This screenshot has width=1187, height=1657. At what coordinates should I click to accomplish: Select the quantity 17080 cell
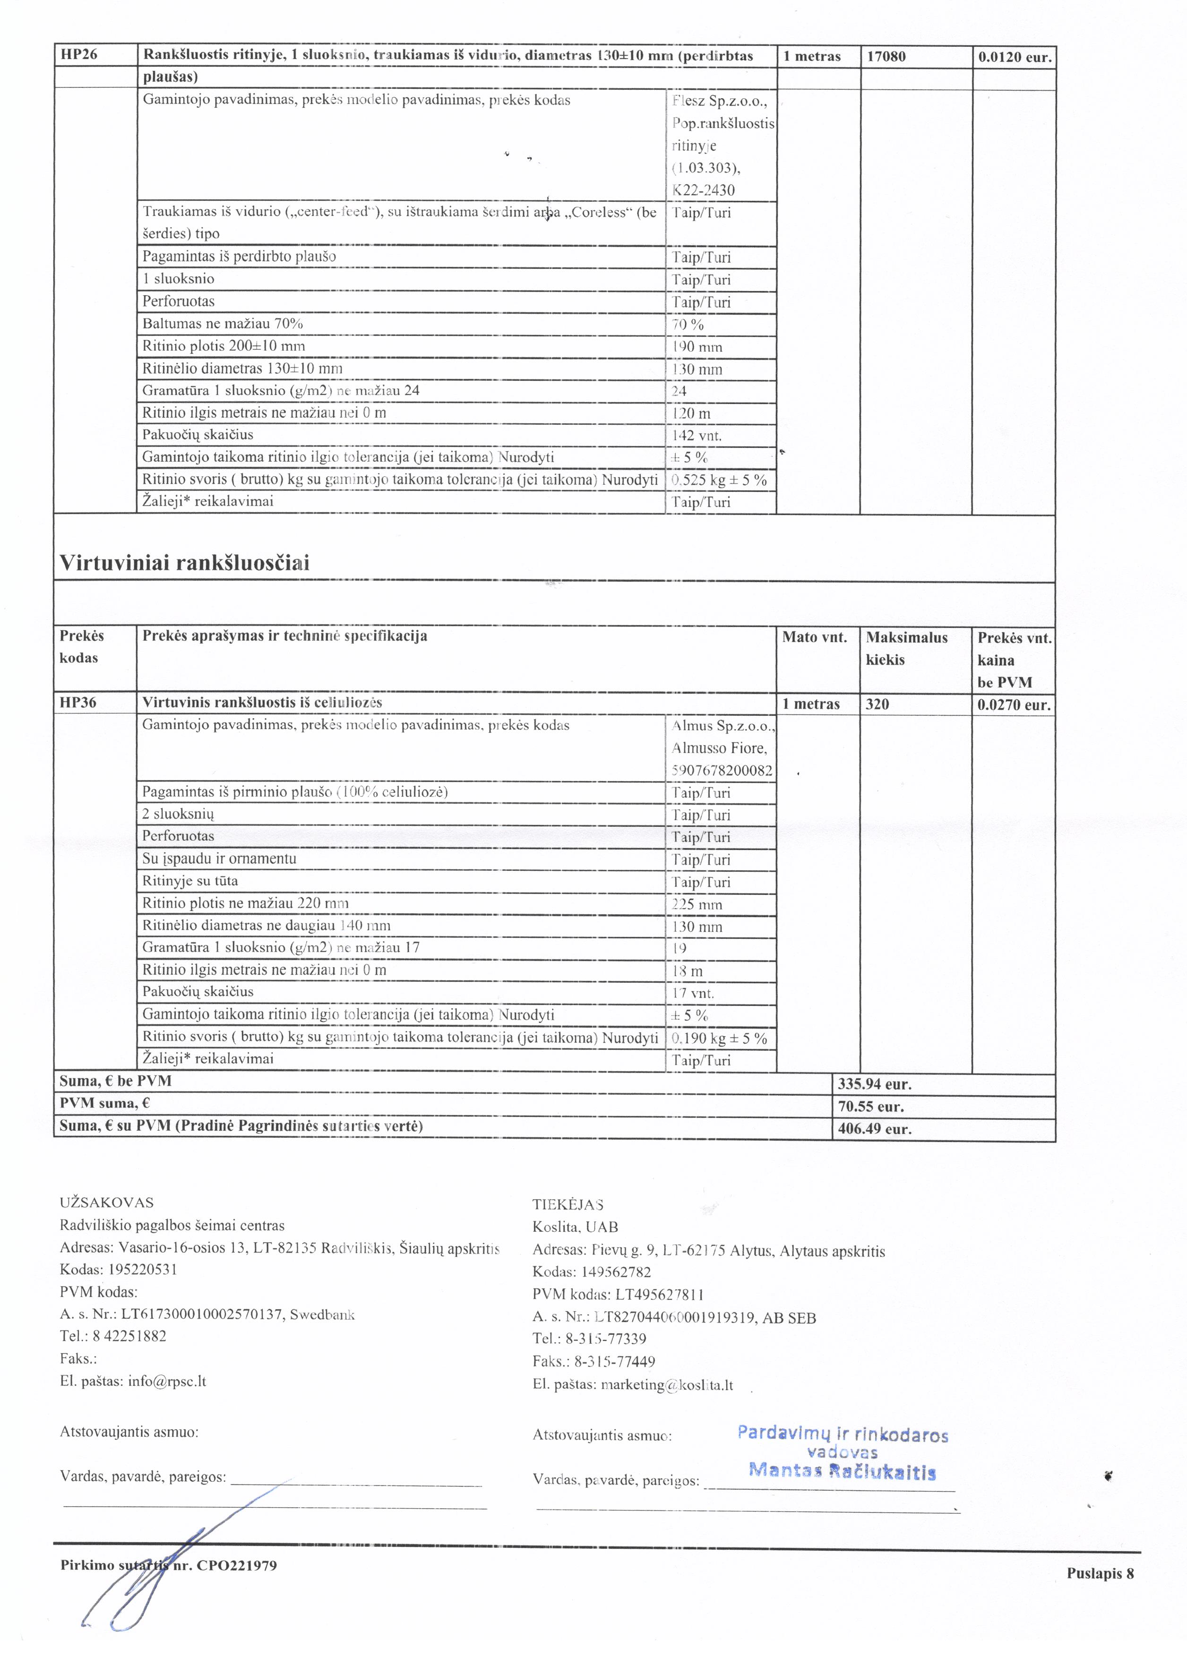(x=886, y=56)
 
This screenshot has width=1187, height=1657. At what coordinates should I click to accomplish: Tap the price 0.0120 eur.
(x=1015, y=57)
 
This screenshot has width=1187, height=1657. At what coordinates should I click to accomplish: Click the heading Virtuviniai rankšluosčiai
(x=184, y=563)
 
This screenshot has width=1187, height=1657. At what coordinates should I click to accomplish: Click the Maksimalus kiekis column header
(x=906, y=648)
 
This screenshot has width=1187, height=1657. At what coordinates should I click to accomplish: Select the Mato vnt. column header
(x=815, y=637)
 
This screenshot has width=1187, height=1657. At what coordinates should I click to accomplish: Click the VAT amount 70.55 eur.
(x=871, y=1106)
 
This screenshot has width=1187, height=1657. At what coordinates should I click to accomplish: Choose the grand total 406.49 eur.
(x=874, y=1129)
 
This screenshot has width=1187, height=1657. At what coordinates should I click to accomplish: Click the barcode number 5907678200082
(x=722, y=771)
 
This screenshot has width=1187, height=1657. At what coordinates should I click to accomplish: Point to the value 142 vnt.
(x=696, y=436)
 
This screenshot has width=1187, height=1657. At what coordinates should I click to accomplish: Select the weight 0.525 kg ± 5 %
(x=719, y=480)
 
